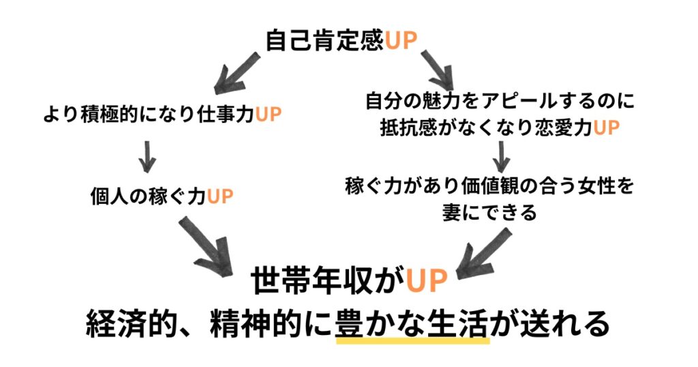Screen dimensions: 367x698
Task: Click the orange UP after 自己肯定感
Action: tap(401, 40)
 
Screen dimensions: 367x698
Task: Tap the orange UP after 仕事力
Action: tap(268, 115)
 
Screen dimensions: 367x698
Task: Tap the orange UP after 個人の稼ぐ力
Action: tap(220, 196)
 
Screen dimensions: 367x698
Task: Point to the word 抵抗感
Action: tap(410, 128)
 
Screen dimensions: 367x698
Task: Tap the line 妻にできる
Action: tap(489, 213)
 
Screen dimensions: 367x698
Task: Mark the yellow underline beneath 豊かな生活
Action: tap(413, 340)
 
